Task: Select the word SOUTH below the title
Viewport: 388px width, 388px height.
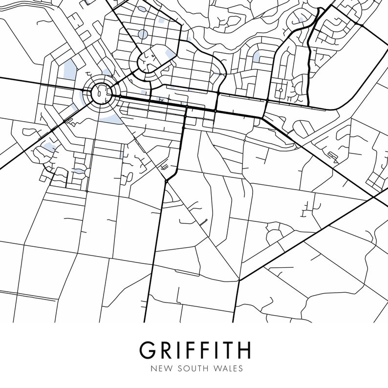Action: [192, 368]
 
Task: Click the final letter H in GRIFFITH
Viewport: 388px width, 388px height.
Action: [243, 349]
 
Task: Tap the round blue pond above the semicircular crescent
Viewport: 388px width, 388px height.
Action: [143, 34]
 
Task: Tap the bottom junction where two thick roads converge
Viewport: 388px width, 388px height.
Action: [239, 280]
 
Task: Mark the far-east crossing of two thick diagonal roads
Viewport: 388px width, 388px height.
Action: [374, 197]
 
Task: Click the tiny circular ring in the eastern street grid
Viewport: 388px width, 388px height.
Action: [281, 90]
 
